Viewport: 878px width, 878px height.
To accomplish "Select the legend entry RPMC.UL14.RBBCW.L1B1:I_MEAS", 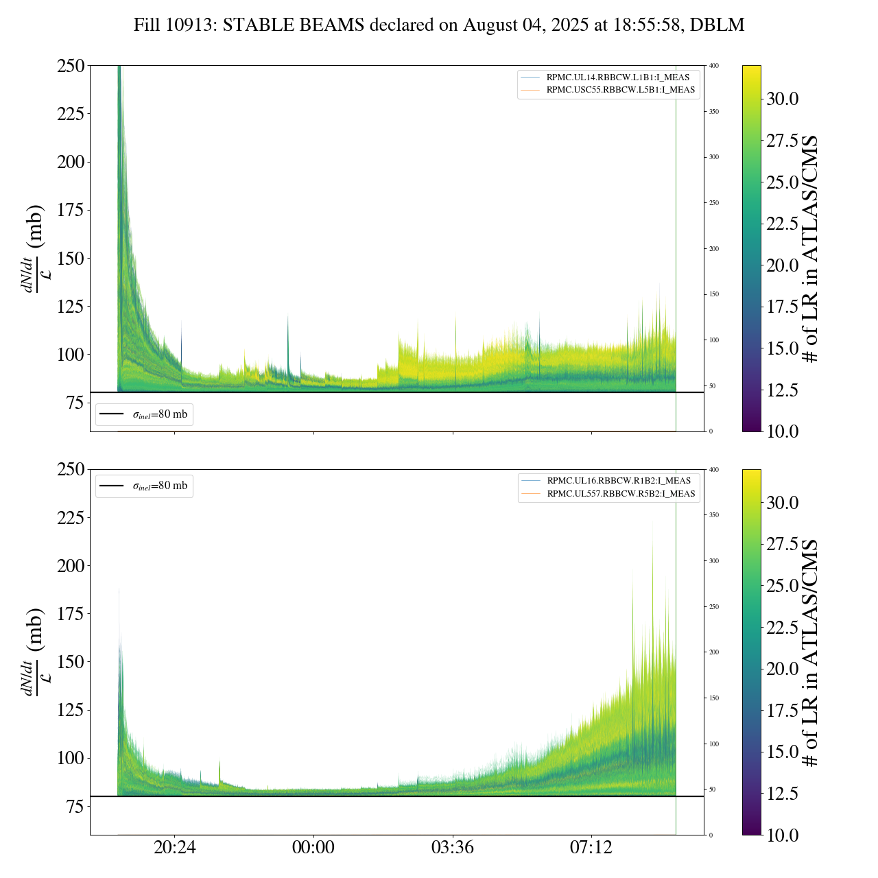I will (617, 78).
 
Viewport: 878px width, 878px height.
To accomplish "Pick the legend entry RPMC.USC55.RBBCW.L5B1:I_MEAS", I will (620, 90).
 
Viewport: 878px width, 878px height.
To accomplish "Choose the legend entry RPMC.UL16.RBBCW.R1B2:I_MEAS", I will (619, 481).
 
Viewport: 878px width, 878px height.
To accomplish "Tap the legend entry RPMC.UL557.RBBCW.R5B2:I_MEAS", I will (621, 494).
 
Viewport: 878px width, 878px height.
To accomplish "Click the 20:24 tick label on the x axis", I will (174, 848).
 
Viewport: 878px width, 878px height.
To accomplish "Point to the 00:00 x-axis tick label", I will (313, 848).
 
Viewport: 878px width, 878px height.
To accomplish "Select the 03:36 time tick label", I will (453, 848).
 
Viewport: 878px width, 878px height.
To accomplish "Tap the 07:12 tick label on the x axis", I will (591, 848).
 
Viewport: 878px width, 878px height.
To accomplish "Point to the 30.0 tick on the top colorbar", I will (782, 99).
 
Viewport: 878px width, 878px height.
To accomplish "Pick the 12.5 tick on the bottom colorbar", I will (782, 794).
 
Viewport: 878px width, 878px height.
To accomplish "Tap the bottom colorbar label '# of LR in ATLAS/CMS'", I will (811, 652).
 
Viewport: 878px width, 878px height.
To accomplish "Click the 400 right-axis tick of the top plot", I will (714, 66).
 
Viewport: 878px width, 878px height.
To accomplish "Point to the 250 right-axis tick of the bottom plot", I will (714, 607).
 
